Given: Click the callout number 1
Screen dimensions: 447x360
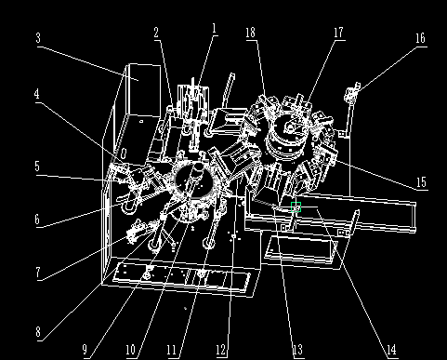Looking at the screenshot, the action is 214,29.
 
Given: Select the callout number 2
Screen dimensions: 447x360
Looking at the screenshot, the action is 156,33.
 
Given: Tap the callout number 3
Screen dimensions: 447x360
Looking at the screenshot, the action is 38,38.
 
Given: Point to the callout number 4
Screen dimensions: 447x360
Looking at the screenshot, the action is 37,94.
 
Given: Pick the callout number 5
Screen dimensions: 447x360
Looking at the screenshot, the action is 37,167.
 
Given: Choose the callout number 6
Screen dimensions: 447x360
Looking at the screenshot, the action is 37,220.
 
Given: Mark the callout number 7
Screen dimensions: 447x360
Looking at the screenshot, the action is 38,273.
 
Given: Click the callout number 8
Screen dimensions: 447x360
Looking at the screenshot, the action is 38,332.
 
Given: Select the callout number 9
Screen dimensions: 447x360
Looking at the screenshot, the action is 85,350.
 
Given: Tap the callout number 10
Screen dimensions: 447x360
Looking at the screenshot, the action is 130,350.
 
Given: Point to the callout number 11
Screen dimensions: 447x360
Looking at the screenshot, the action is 171,350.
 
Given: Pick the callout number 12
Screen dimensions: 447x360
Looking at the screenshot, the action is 220,350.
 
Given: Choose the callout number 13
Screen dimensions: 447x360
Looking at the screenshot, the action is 297,350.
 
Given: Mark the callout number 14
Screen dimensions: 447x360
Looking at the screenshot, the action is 391,350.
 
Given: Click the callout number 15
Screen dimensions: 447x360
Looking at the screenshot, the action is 421,182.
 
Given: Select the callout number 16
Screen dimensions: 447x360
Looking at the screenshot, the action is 420,38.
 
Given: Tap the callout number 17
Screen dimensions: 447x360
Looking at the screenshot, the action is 338,33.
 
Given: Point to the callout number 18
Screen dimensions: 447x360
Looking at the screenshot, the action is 250,33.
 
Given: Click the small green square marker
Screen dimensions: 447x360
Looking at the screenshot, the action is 296,207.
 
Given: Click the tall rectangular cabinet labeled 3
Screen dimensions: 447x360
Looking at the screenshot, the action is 144,90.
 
